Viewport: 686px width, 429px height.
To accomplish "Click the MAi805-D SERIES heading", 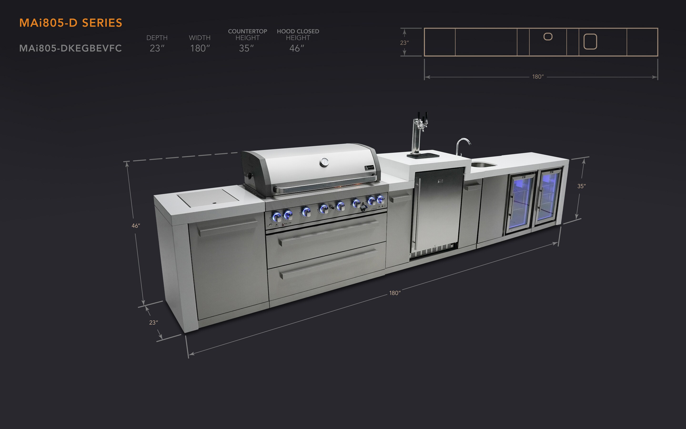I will [71, 23].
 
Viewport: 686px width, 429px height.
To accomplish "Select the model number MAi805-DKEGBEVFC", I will [70, 48].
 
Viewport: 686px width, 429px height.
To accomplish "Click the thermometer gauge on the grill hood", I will [324, 162].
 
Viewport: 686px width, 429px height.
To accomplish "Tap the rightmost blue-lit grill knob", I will [381, 199].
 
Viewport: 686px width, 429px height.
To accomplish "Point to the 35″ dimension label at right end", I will [581, 186].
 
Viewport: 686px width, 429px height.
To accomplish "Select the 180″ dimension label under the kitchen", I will [395, 293].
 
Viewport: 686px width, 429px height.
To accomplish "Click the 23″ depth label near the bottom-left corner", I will [153, 323].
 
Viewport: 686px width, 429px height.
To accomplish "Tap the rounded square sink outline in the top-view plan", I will [590, 42].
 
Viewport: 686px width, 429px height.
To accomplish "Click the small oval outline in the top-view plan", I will [548, 37].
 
